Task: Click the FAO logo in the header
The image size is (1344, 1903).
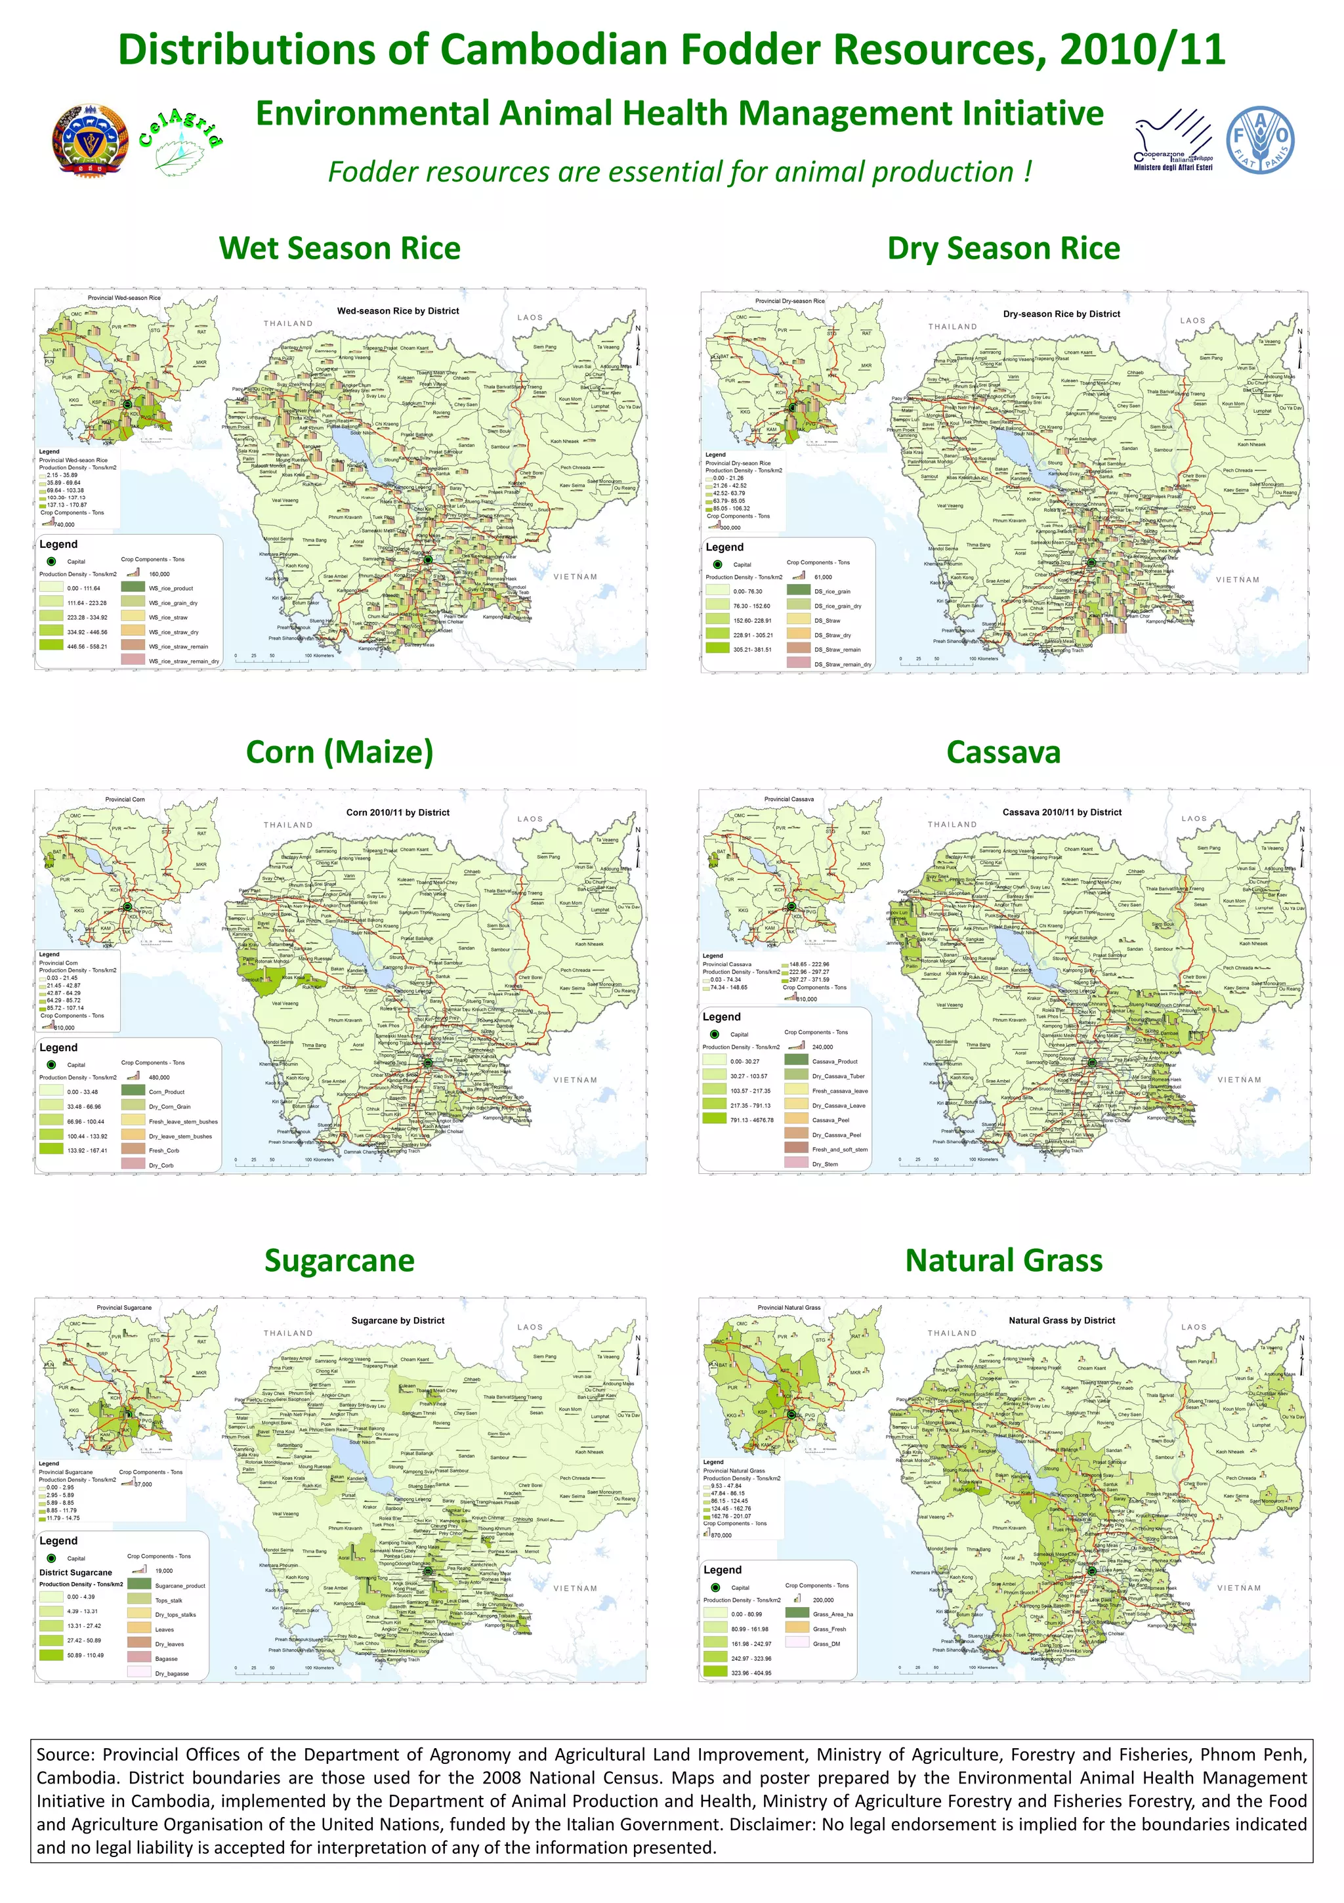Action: click(x=1259, y=139)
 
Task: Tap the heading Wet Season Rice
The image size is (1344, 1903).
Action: click(x=339, y=248)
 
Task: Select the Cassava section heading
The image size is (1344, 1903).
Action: click(x=1003, y=752)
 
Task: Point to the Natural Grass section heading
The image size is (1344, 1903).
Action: click(x=1003, y=1260)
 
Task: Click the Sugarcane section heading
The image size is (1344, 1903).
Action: click(x=339, y=1260)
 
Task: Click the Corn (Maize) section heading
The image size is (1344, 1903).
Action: click(x=339, y=752)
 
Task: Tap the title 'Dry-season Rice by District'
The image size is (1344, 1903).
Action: click(x=1060, y=314)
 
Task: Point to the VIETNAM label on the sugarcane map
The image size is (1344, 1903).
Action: click(x=575, y=1588)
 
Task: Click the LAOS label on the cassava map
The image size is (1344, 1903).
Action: click(x=1193, y=818)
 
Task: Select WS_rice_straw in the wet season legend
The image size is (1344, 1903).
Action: click(x=167, y=617)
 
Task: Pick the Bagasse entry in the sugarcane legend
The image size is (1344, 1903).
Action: click(x=166, y=1658)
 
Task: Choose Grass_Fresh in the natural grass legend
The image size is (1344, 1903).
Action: click(x=829, y=1629)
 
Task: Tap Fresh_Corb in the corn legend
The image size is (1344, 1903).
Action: click(x=163, y=1150)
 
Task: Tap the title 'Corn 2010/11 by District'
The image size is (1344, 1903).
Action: click(x=397, y=812)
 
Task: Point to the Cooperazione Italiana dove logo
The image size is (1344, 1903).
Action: click(x=1172, y=140)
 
